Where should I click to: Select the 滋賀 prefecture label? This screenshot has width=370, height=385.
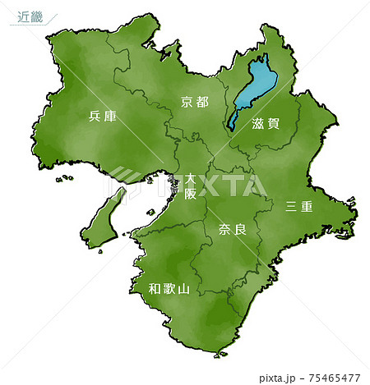(x=266, y=123)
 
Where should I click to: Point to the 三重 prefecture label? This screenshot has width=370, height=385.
(x=299, y=207)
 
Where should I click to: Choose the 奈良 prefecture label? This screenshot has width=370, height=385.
(x=233, y=230)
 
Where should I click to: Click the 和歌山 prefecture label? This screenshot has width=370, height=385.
(x=169, y=289)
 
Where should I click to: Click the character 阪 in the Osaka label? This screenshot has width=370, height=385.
(x=190, y=194)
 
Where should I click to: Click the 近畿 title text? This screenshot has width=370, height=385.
(x=30, y=17)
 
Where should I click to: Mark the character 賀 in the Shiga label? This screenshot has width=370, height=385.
(x=274, y=123)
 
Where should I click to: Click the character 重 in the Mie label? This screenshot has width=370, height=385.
(x=308, y=207)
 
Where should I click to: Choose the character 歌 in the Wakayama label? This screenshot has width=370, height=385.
(x=169, y=289)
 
